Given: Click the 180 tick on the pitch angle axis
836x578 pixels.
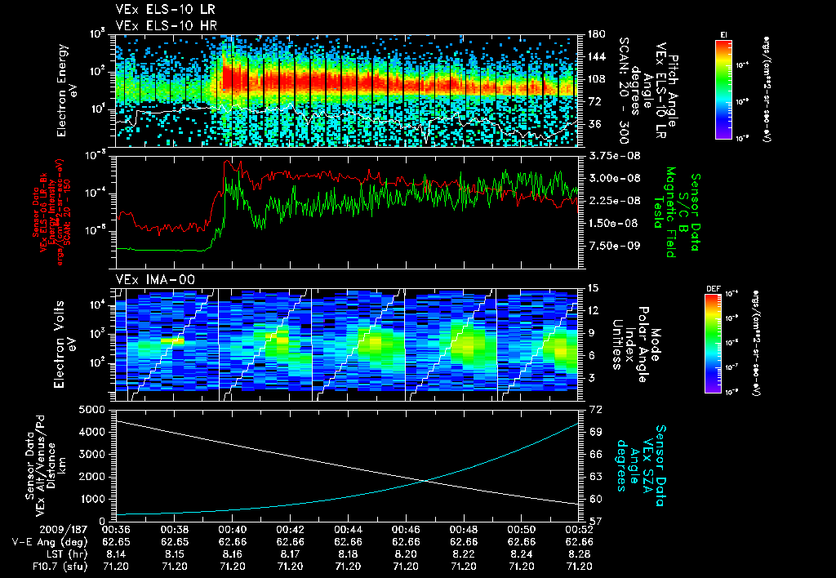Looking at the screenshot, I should click(594, 33).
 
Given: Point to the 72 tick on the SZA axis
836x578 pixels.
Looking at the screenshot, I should click(595, 407).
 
